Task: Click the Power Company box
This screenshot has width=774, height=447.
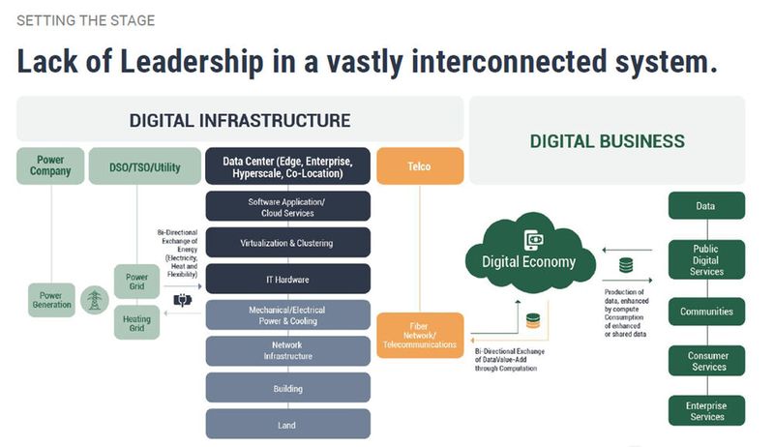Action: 50,165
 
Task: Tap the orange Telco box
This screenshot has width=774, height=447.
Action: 420,165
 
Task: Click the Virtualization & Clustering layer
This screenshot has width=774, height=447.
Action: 288,243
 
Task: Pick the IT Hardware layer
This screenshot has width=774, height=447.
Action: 288,279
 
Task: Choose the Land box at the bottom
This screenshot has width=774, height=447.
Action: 288,424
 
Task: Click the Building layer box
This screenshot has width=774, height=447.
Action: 288,388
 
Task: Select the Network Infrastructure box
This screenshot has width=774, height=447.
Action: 288,350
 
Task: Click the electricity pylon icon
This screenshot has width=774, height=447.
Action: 94,300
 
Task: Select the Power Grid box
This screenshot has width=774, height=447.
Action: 137,282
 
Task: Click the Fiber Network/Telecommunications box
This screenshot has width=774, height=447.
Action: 420,335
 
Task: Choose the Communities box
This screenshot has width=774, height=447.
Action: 706,312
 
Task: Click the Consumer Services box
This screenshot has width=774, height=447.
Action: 706,361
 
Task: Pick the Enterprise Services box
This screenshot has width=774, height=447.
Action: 706,410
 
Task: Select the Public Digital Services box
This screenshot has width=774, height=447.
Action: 706,259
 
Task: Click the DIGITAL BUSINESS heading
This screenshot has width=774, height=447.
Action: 607,141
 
